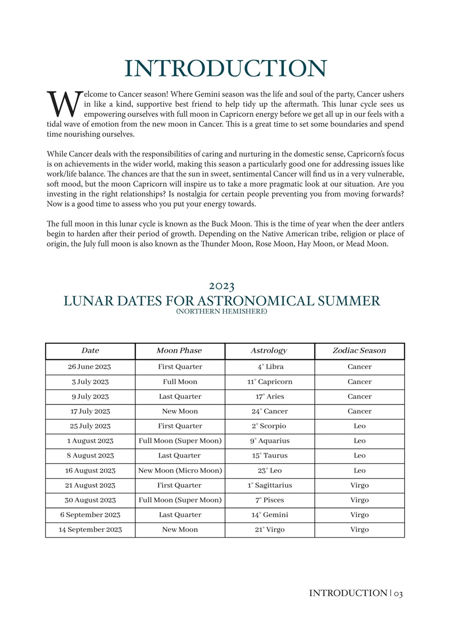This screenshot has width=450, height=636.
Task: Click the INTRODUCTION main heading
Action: tap(225, 69)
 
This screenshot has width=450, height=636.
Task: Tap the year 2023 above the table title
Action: tap(222, 286)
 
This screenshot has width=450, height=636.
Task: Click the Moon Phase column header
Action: tap(179, 351)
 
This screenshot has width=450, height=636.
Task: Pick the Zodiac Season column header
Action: tap(359, 351)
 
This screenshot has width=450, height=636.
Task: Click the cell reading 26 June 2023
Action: tap(90, 367)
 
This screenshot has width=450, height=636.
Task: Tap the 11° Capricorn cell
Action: tap(270, 382)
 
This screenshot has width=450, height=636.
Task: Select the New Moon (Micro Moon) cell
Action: tap(180, 471)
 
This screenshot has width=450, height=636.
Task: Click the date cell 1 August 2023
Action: tap(90, 441)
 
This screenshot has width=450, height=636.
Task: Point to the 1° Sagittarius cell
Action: tap(270, 485)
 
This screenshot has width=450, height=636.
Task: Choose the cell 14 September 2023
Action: tap(90, 530)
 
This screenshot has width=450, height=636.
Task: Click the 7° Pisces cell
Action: tap(270, 500)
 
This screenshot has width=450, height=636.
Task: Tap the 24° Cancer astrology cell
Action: tap(270, 411)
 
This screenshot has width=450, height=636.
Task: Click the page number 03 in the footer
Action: tap(397, 593)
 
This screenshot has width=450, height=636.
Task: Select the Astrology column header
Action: tap(269, 351)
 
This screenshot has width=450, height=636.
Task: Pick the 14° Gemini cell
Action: tap(270, 515)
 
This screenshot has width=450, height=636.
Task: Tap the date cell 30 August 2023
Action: tap(90, 500)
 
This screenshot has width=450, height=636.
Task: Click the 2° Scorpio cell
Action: tap(270, 426)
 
